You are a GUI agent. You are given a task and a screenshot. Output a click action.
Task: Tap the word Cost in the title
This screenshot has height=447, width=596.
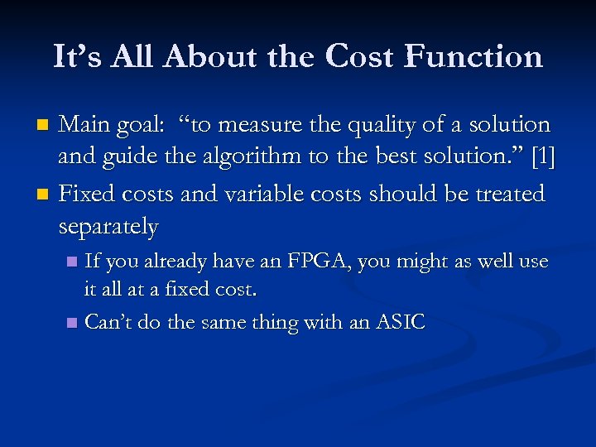point(362,57)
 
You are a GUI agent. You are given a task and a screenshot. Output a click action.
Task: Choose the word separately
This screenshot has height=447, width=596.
point(108,225)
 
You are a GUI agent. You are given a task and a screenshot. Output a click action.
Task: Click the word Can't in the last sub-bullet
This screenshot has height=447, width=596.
point(112,322)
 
